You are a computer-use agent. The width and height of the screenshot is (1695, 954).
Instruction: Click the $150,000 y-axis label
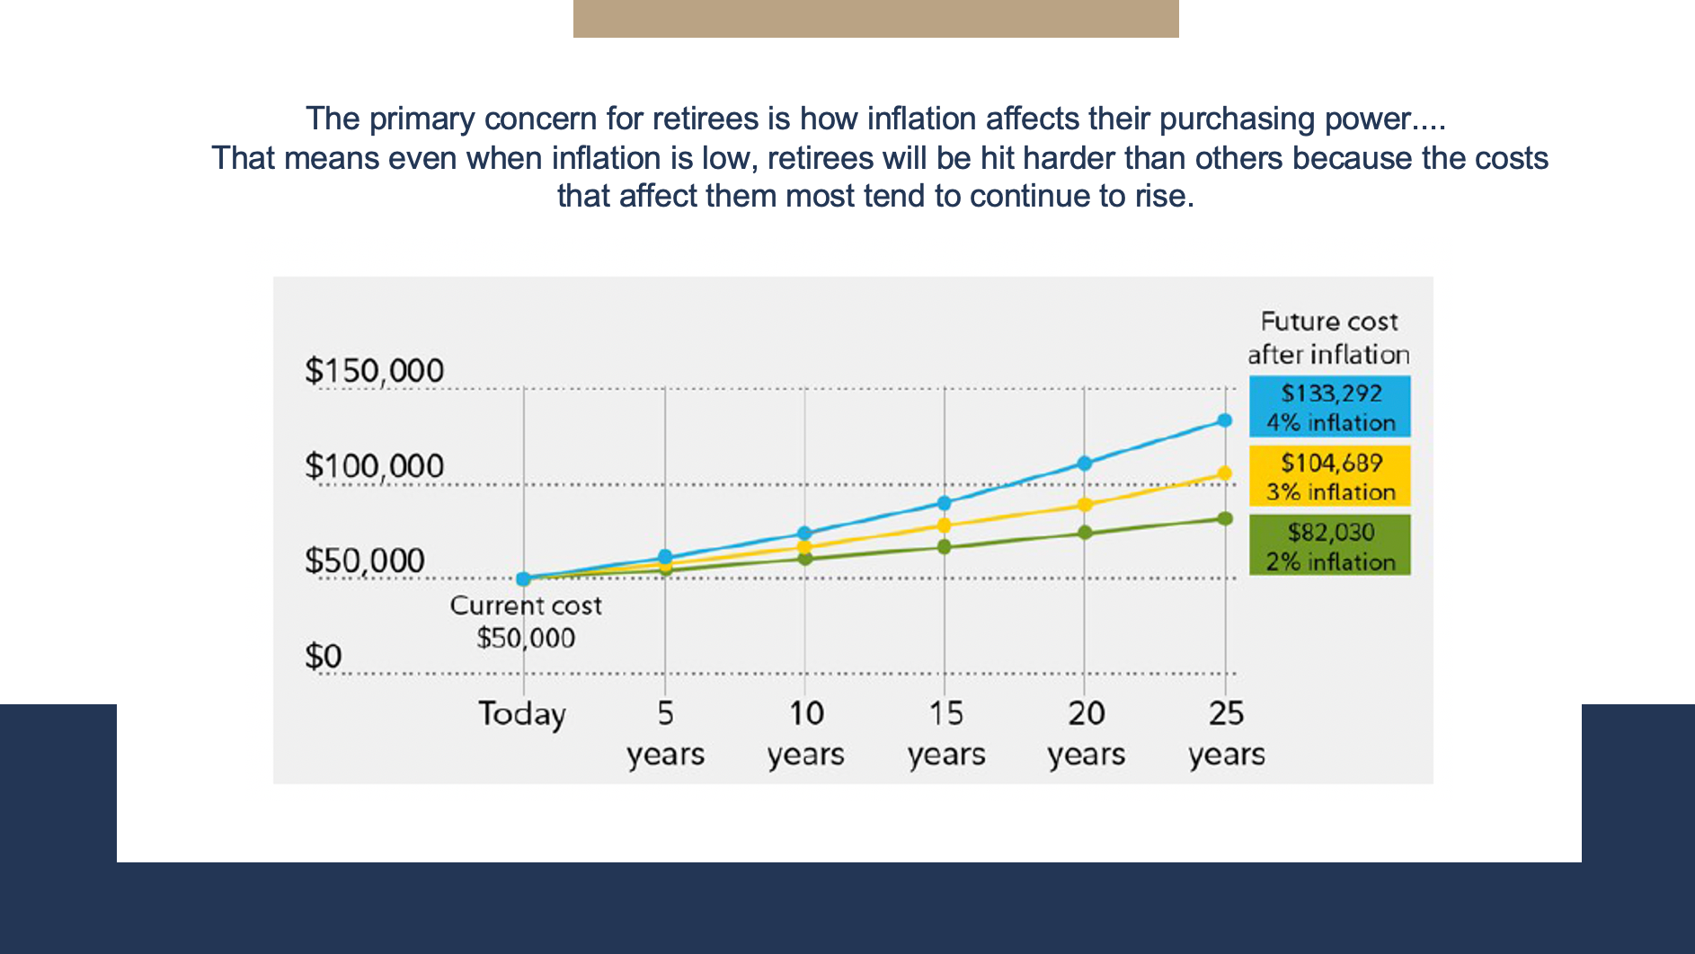click(x=374, y=370)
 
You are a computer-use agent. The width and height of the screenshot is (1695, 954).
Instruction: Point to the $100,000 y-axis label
click(x=374, y=465)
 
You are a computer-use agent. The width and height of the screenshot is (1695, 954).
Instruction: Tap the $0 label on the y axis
click(x=323, y=656)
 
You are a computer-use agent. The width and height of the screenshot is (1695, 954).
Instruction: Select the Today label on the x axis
click(x=522, y=714)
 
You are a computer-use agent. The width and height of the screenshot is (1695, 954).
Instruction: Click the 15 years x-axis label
click(x=945, y=733)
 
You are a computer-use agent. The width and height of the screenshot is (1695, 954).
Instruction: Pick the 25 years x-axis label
click(x=1226, y=733)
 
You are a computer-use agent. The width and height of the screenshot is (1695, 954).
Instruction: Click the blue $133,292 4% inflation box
click(x=1329, y=407)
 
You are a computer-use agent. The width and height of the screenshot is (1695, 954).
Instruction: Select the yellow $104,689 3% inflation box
click(x=1329, y=476)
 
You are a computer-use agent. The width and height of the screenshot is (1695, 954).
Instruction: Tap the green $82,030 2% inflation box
click(x=1329, y=545)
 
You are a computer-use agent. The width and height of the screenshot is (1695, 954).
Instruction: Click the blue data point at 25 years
click(x=1224, y=420)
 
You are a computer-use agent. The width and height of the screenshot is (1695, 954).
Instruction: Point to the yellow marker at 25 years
click(x=1224, y=473)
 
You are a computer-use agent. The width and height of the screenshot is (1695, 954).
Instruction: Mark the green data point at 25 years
click(x=1224, y=518)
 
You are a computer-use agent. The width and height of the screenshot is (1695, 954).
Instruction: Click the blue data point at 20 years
click(x=1085, y=464)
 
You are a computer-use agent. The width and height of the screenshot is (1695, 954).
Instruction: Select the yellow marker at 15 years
click(x=945, y=526)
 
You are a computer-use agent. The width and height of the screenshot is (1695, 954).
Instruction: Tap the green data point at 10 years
click(x=805, y=559)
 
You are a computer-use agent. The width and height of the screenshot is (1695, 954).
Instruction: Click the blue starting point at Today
click(x=523, y=579)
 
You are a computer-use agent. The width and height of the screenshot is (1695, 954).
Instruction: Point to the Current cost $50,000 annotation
click(x=526, y=622)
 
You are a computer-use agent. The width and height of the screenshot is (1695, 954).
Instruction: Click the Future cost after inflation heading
click(x=1328, y=338)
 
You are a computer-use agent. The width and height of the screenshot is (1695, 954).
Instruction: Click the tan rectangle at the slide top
click(x=875, y=18)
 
